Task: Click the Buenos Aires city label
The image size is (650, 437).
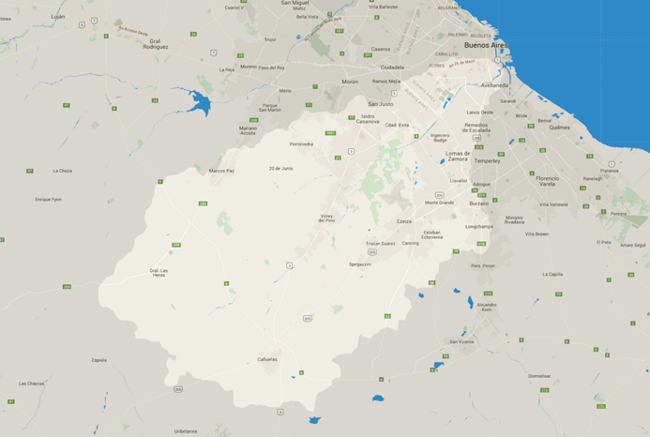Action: click(x=487, y=44)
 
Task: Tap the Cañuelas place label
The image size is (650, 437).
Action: click(x=267, y=359)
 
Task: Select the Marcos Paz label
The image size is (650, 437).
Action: click(x=221, y=171)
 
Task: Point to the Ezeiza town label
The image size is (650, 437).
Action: click(x=404, y=221)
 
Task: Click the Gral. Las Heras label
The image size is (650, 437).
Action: click(x=159, y=273)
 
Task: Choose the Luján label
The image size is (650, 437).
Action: click(x=58, y=16)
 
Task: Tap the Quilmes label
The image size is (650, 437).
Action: click(x=559, y=128)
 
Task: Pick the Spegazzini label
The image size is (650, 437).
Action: click(x=360, y=264)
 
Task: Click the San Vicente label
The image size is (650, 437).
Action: click(x=461, y=341)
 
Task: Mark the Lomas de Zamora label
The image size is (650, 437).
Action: click(x=458, y=156)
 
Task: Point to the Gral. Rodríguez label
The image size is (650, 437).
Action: click(x=156, y=43)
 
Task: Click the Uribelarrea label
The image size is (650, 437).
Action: click(x=186, y=430)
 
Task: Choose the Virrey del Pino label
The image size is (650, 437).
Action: click(x=327, y=218)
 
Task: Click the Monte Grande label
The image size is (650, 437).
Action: click(x=439, y=202)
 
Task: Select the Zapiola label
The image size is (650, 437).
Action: click(x=98, y=359)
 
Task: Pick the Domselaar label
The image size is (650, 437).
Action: click(x=539, y=376)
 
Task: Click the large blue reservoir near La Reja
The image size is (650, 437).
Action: click(x=198, y=99)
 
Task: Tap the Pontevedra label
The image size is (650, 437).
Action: click(x=301, y=144)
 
